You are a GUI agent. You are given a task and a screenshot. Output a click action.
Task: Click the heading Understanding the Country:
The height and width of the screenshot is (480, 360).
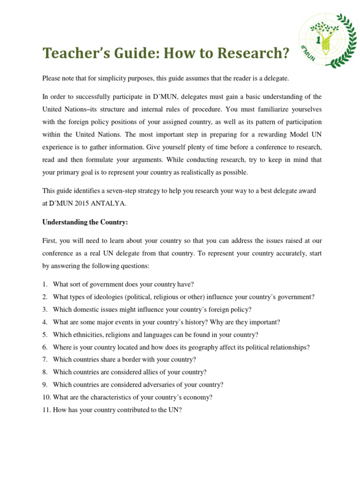[85, 222]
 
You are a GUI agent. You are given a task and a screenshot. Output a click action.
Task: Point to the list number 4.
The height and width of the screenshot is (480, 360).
[45, 322]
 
